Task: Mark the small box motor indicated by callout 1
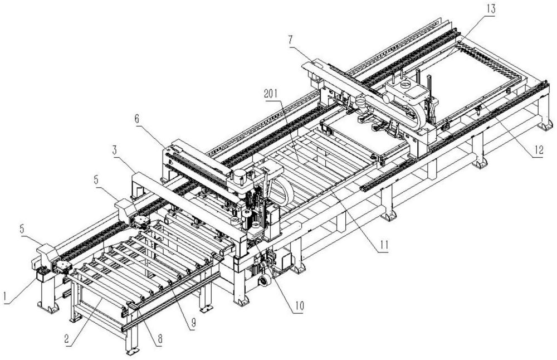(x=42, y=276)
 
